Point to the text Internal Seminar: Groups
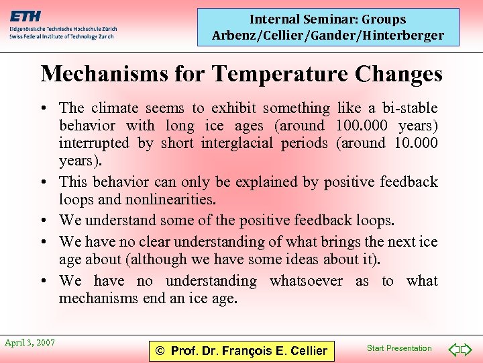(x=328, y=19)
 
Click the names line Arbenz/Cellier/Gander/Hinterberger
(x=328, y=36)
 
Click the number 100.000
(x=362, y=126)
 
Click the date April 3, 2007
(x=30, y=343)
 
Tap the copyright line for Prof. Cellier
(x=241, y=350)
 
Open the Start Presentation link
(x=399, y=348)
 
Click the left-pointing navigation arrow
(x=453, y=350)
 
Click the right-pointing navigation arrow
(x=469, y=350)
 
